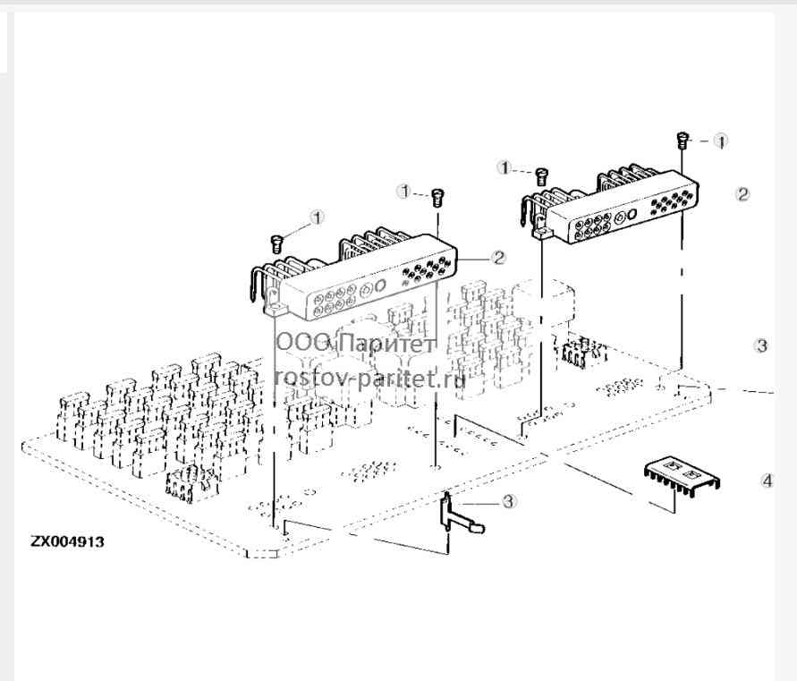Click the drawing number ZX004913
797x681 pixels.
click(x=67, y=541)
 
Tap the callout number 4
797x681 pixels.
click(x=767, y=481)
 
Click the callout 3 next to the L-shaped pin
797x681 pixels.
click(x=508, y=501)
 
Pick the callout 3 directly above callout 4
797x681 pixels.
click(x=761, y=345)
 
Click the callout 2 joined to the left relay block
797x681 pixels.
click(x=499, y=258)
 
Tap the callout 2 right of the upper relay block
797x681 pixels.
click(x=742, y=194)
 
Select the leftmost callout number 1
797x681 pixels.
click(x=318, y=218)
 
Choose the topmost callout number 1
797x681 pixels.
click(x=721, y=140)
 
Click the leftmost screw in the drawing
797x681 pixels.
click(x=276, y=243)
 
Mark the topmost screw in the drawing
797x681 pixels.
click(x=683, y=140)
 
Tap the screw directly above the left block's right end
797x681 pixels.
click(x=437, y=198)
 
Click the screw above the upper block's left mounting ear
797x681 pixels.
click(x=542, y=176)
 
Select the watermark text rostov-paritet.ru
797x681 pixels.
click(x=369, y=378)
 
